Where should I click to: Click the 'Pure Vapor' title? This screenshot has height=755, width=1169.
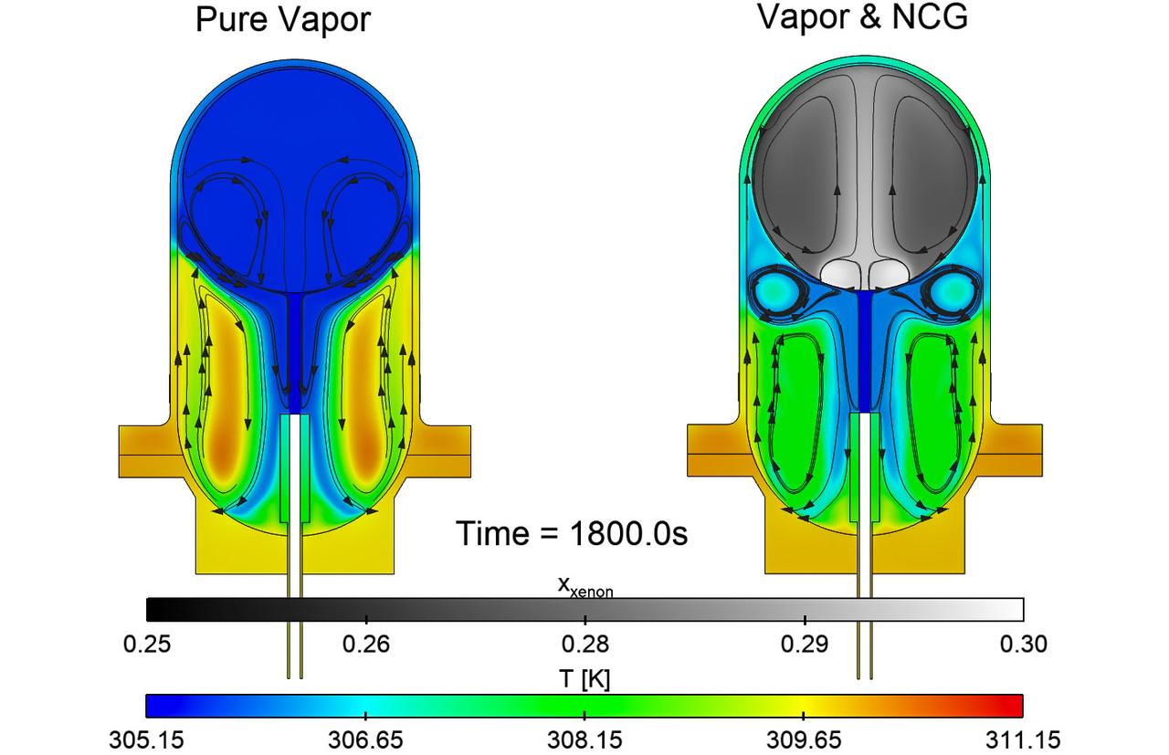[283, 19]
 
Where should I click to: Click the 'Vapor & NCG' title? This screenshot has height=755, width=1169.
[862, 17]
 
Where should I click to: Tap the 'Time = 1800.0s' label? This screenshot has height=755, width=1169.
[572, 533]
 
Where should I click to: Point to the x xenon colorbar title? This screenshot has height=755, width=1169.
[584, 586]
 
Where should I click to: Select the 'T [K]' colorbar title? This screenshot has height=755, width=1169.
[584, 679]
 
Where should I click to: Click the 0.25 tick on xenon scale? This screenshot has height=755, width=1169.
[146, 645]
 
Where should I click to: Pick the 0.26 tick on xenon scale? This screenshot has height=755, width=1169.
[365, 645]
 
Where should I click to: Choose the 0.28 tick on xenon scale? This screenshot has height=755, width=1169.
[584, 645]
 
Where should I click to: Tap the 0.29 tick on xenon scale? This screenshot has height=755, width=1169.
[804, 645]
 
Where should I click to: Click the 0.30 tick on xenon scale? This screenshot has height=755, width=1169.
[1023, 645]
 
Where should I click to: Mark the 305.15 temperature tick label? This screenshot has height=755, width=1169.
[146, 739]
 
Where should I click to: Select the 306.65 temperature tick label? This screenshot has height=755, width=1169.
[365, 739]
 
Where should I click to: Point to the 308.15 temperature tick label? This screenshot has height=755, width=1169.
[584, 739]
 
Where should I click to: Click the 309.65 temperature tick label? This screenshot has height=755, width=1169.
[804, 739]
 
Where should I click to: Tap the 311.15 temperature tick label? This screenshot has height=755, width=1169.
[1023, 739]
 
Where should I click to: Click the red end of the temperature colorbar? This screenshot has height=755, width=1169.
[1014, 706]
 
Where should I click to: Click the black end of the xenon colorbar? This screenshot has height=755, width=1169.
[155, 609]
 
